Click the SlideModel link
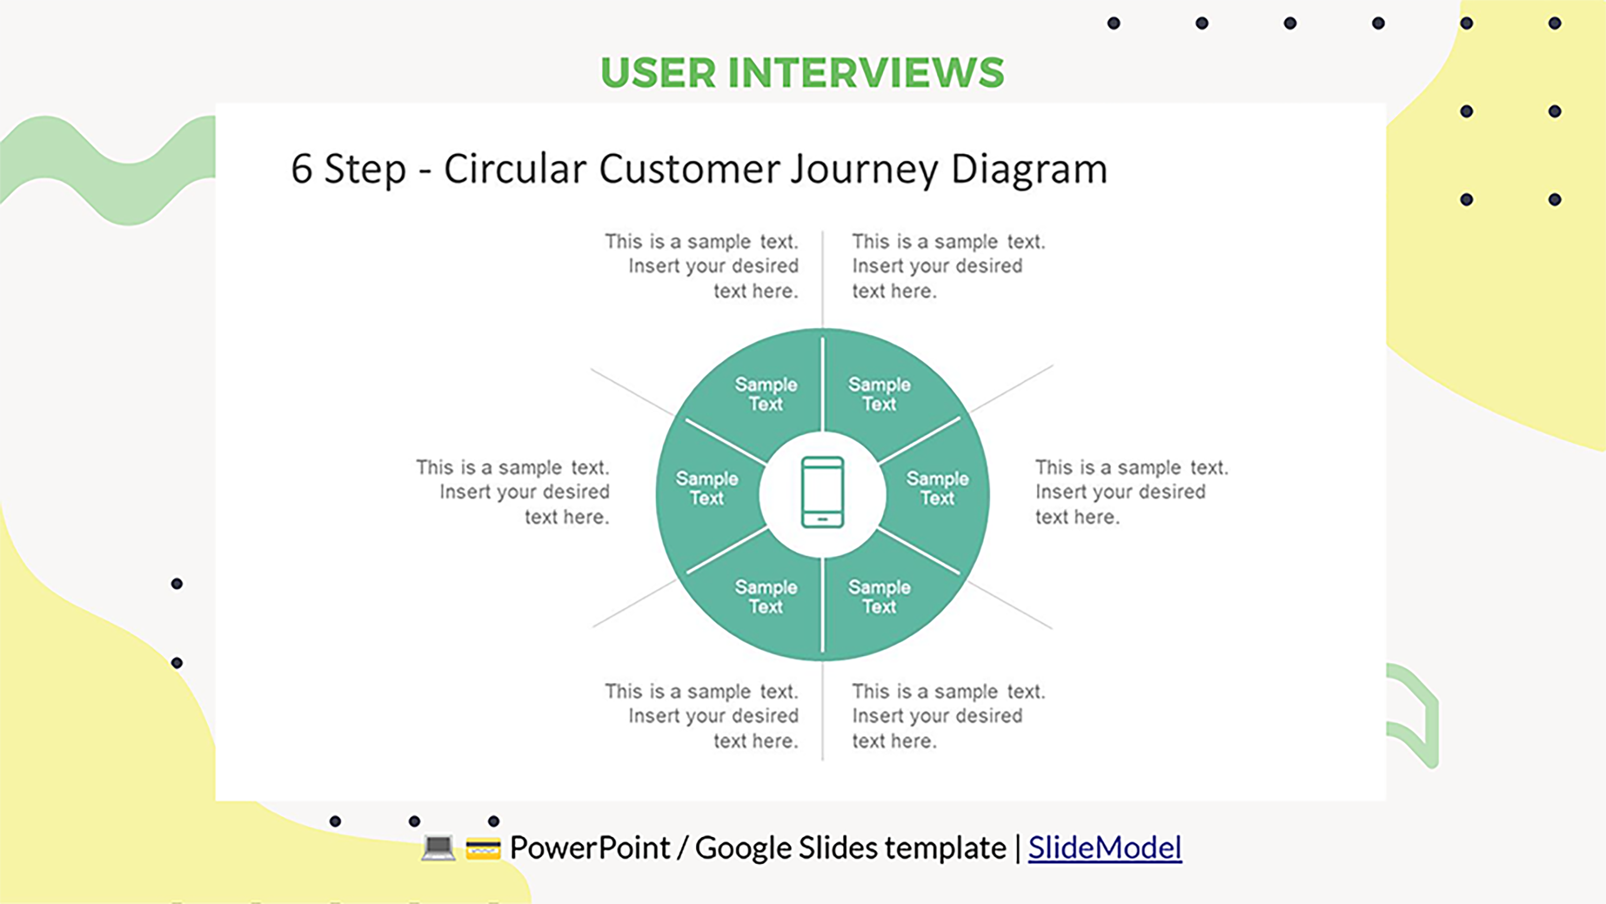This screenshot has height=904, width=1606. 1105,847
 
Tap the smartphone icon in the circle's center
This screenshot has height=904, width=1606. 822,492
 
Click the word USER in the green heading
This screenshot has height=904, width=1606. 658,72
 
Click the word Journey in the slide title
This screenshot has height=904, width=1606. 864,170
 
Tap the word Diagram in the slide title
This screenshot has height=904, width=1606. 1029,170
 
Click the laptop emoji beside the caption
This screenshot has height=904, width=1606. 438,848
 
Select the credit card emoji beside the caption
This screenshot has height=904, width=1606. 483,848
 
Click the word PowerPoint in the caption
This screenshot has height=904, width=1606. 590,847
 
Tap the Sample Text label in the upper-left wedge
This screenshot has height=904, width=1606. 766,394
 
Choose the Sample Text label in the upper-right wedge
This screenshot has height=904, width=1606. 880,394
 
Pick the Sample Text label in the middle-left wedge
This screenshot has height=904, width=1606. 707,488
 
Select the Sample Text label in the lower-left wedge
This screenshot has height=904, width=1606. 766,597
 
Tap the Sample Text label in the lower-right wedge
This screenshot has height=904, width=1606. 880,597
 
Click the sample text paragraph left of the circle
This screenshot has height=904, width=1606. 512,492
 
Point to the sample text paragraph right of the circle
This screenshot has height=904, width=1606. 1132,492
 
